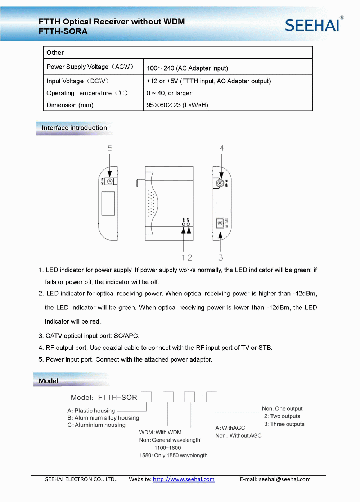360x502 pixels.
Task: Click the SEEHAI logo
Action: tap(312, 25)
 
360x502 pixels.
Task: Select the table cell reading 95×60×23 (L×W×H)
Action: tap(177, 105)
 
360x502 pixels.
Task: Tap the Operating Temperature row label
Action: tap(87, 93)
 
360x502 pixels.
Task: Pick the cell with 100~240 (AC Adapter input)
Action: tap(187, 68)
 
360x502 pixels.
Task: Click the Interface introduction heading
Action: tap(74, 128)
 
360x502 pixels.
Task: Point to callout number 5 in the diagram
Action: tap(110, 148)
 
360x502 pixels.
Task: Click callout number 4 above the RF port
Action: tap(222, 148)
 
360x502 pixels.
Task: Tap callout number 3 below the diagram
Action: tap(221, 258)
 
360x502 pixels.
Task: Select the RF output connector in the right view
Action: tap(220, 183)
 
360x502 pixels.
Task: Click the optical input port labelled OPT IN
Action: tap(220, 223)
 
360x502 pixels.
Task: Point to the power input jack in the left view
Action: tap(110, 181)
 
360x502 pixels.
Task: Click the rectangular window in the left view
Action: tap(108, 203)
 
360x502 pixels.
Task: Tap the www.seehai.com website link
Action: tap(184, 479)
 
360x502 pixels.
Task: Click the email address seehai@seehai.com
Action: tap(284, 479)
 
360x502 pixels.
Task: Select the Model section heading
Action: tap(48, 381)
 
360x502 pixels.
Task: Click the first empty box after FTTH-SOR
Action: tap(146, 397)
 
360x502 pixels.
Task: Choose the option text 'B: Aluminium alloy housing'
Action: tap(103, 418)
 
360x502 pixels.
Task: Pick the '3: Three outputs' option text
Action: tap(284, 424)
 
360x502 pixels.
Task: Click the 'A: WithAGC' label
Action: tap(230, 428)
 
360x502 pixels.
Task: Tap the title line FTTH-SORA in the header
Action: tap(63, 31)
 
